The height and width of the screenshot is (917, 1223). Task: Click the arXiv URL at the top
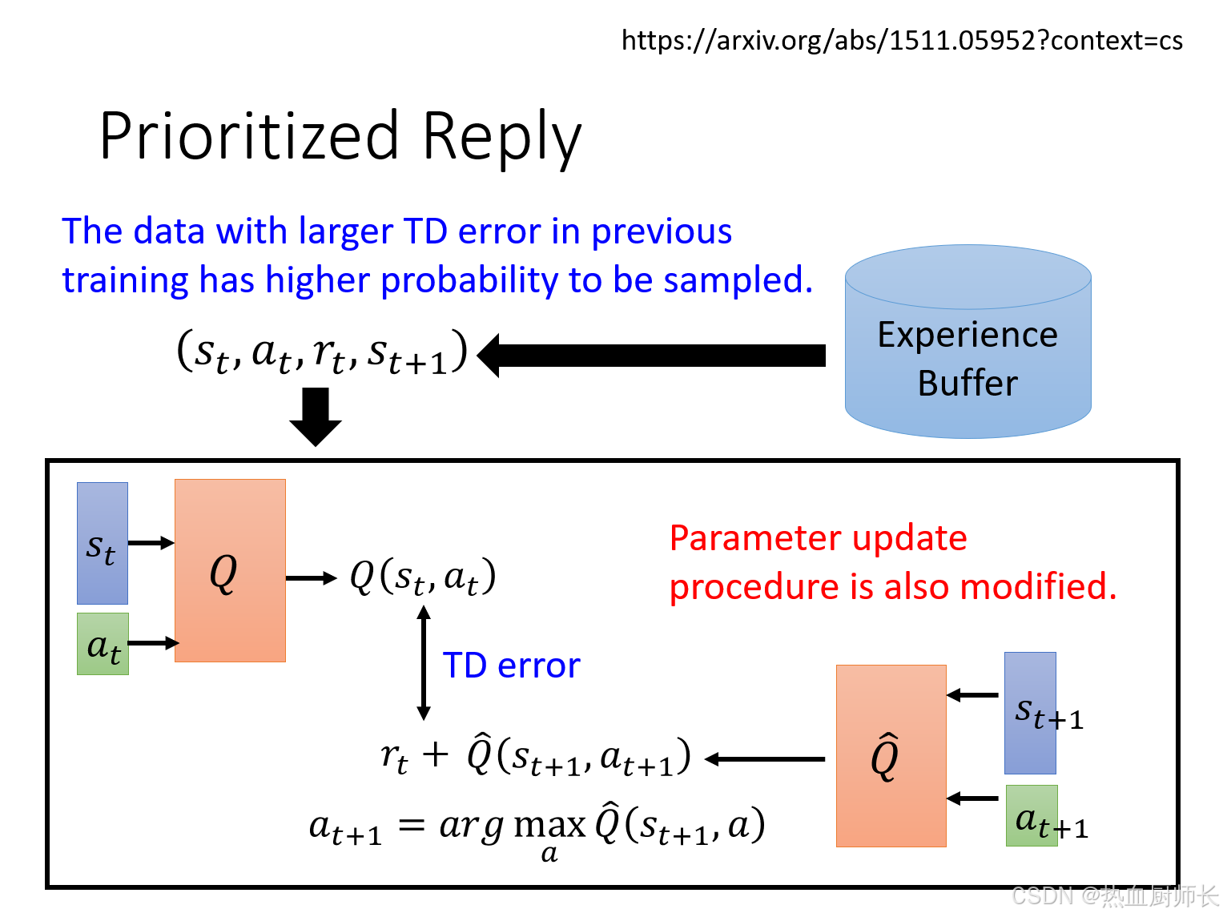pos(902,40)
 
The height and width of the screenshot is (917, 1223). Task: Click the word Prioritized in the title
pos(249,136)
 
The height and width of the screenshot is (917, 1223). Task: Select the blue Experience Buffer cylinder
pos(968,343)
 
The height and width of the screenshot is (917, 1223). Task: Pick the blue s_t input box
pos(102,543)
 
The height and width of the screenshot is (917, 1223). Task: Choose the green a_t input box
pos(103,644)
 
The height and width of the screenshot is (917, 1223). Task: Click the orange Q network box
pos(230,570)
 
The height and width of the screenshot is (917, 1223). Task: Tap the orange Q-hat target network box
pos(891,755)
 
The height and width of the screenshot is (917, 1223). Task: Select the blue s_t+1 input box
pos(1030,713)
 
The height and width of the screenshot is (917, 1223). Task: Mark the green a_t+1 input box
pos(1032,816)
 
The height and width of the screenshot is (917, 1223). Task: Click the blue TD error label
pos(511,666)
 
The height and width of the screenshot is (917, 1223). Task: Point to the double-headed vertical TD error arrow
pos(424,663)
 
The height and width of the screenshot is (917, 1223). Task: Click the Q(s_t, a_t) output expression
pos(423,577)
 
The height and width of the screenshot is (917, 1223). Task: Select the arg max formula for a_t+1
pos(537,827)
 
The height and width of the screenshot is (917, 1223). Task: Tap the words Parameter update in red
pos(818,538)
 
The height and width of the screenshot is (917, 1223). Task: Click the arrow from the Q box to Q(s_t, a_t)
pos(312,578)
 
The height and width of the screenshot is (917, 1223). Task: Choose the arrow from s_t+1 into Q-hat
pos(973,695)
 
